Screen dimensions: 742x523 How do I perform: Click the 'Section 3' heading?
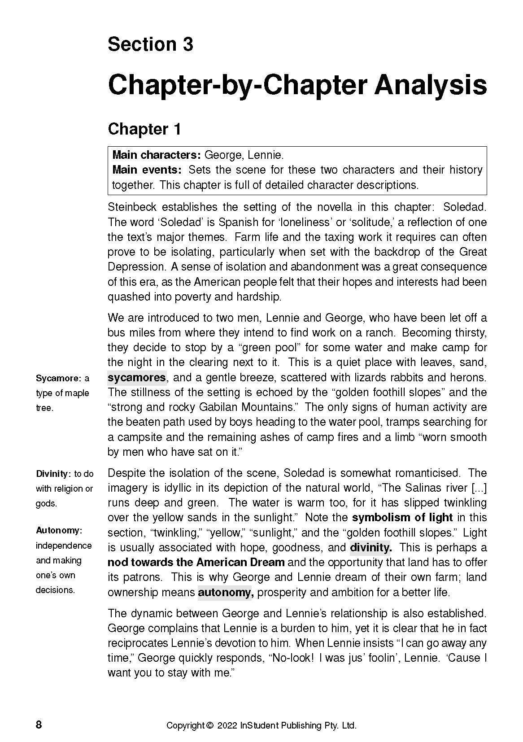(x=150, y=44)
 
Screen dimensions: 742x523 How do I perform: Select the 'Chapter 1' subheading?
(x=144, y=129)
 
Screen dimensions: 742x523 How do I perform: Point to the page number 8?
(x=39, y=725)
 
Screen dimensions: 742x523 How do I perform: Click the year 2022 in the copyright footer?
(x=227, y=725)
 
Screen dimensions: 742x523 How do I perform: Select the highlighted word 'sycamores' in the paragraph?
(x=137, y=377)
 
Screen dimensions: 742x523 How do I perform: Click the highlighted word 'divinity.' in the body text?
(x=370, y=547)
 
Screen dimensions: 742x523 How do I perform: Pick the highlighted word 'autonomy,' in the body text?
(x=226, y=592)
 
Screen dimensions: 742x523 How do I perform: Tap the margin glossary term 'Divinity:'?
(x=53, y=474)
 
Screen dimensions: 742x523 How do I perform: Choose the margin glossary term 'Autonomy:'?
(x=59, y=531)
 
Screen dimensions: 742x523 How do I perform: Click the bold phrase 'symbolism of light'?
(x=402, y=518)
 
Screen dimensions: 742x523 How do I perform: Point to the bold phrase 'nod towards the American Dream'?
(x=196, y=563)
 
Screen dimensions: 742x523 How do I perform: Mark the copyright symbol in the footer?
(x=209, y=725)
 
